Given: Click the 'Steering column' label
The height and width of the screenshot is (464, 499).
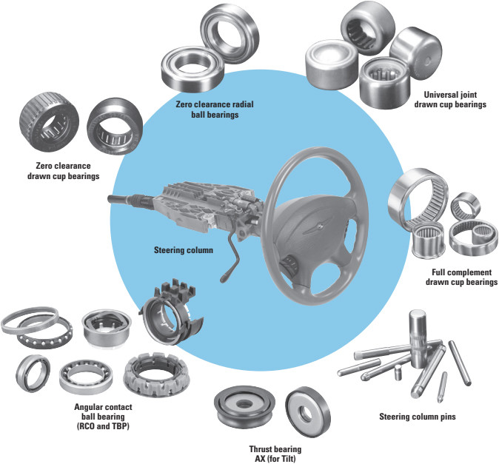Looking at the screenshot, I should point(184,250).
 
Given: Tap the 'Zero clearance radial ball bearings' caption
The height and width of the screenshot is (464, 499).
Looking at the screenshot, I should point(207,110).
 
